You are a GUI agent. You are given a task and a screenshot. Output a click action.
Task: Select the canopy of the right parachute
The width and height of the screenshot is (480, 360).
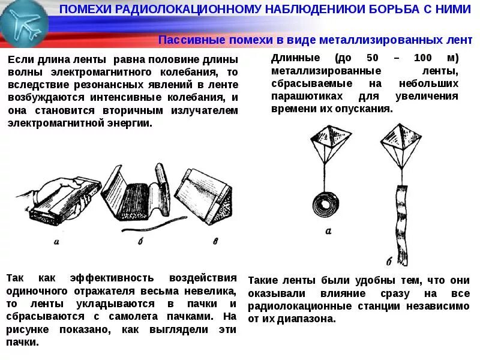coord(398,136)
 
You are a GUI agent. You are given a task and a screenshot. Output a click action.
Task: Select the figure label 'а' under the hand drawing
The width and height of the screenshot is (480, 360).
coord(56,242)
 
